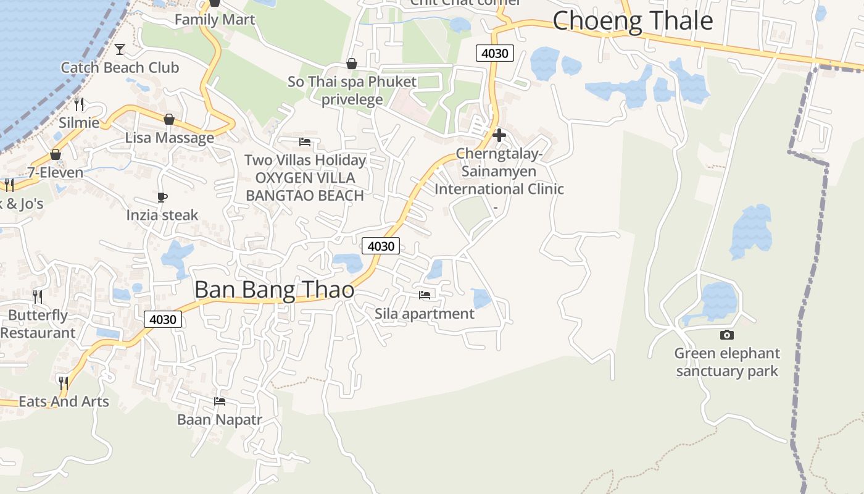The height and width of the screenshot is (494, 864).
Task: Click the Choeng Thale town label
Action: pyautogui.click(x=633, y=21)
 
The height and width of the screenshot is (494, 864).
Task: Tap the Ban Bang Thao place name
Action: pyautogui.click(x=275, y=290)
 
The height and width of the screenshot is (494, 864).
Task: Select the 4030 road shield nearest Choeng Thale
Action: pyautogui.click(x=495, y=53)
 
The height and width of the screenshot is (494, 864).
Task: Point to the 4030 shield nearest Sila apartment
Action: pyautogui.click(x=380, y=246)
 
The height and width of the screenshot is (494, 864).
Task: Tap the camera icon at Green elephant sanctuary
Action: pyautogui.click(x=727, y=335)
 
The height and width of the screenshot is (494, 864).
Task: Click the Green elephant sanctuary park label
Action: pyautogui.click(x=727, y=362)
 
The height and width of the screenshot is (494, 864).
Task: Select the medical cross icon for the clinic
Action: pyautogui.click(x=499, y=135)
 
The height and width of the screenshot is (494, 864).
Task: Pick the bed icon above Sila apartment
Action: pyautogui.click(x=425, y=295)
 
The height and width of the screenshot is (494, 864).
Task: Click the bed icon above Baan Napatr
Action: pyautogui.click(x=219, y=401)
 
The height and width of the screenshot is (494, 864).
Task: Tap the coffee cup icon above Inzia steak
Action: pyautogui.click(x=162, y=197)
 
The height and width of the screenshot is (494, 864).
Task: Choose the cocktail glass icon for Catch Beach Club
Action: pyautogui.click(x=120, y=49)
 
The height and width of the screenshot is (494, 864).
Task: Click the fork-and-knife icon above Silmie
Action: pyautogui.click(x=79, y=104)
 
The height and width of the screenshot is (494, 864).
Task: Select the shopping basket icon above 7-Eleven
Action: pyautogui.click(x=56, y=154)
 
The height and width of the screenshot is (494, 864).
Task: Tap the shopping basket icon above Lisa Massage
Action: pyautogui.click(x=169, y=119)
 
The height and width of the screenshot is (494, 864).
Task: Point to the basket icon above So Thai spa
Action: pyautogui.click(x=352, y=64)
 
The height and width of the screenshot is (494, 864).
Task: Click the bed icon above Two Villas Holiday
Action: pyautogui.click(x=305, y=141)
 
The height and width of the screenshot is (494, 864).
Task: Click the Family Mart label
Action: pyautogui.click(x=214, y=20)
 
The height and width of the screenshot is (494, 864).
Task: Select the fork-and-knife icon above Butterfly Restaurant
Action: pyautogui.click(x=38, y=296)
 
